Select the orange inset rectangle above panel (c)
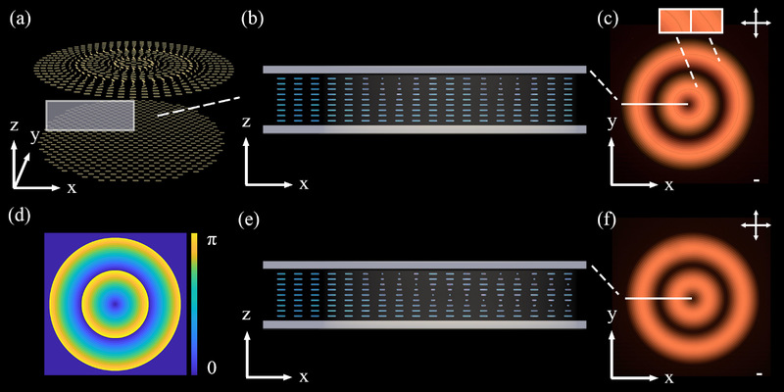690,21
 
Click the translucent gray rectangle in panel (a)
89,115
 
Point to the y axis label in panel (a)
35,136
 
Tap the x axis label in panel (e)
304,376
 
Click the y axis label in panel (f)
612,314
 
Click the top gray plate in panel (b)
424,70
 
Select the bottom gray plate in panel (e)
424,323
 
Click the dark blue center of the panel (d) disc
116,305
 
